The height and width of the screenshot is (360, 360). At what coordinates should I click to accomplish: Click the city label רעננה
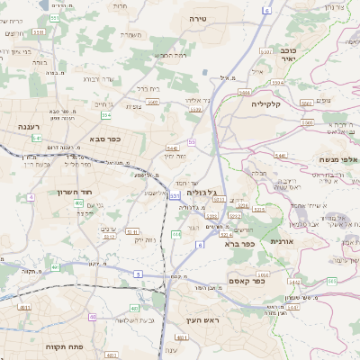coord(32,128)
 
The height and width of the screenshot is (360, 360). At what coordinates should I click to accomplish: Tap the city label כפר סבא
coord(104,139)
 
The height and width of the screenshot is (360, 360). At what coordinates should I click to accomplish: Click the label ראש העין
coord(218,320)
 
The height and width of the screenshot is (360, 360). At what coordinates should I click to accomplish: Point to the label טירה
coord(198,18)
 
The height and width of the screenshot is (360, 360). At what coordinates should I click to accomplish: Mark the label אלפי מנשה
coord(338,159)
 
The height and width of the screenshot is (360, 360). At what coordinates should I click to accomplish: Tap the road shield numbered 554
coord(106,115)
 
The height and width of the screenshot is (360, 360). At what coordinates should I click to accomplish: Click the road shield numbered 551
coord(56,17)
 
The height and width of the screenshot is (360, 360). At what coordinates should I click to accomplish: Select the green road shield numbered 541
coord(37,138)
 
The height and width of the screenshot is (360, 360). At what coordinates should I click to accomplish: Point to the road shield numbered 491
coord(181,337)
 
